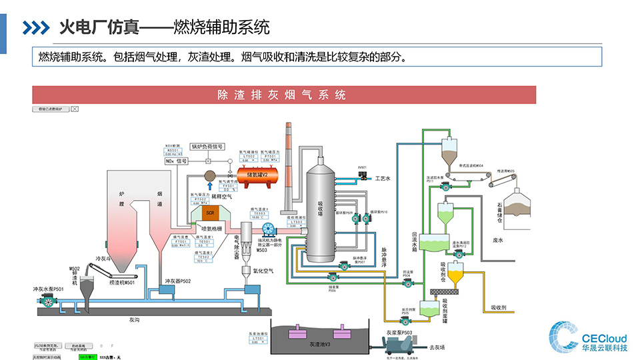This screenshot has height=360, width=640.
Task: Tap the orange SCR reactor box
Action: pyautogui.click(x=209, y=213)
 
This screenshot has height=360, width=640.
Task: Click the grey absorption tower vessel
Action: pyautogui.click(x=323, y=213)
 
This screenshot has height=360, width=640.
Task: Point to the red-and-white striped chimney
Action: pyautogui.click(x=289, y=167)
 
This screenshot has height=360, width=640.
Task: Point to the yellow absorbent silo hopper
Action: pyautogui.click(x=456, y=272)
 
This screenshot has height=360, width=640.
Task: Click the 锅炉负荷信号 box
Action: pyautogui.click(x=207, y=146)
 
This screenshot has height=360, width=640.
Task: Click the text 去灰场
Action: pyautogui.click(x=437, y=347)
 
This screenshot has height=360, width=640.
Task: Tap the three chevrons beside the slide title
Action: pyautogui.click(x=36, y=27)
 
